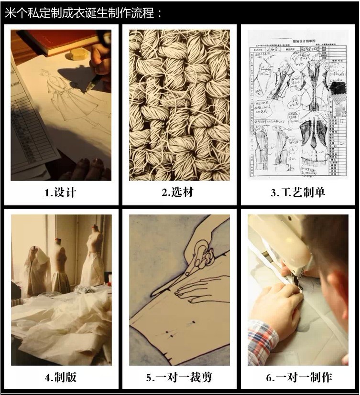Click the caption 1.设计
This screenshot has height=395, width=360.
click(x=60, y=192)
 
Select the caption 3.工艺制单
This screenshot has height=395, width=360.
click(x=297, y=192)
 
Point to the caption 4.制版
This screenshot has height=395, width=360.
click(x=60, y=377)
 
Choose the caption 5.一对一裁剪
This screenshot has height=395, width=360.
click(x=177, y=377)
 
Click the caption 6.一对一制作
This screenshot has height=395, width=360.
click(x=298, y=377)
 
